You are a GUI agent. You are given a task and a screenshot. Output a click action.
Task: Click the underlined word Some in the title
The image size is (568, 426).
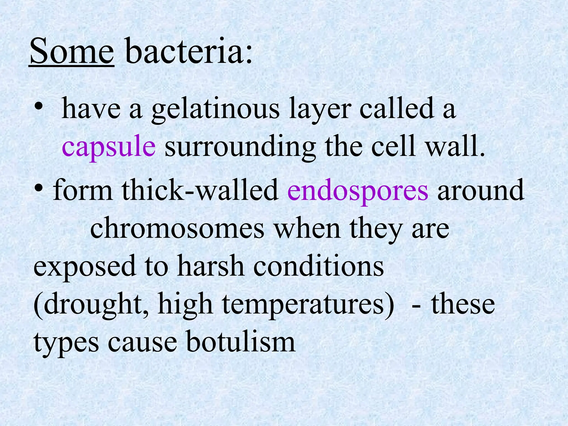pyautogui.click(x=72, y=51)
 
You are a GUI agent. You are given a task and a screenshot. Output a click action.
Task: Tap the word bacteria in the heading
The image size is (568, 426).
pyautogui.click(x=184, y=51)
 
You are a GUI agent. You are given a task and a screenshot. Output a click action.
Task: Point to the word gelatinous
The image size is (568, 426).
pyautogui.click(x=215, y=110)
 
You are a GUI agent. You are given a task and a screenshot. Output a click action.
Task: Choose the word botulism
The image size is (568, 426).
pyautogui.click(x=240, y=342)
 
